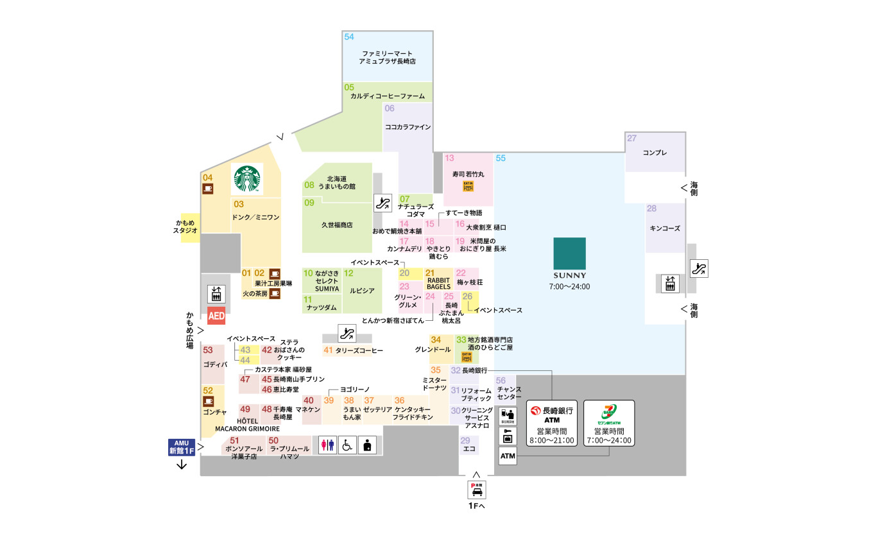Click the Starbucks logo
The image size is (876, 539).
coord(248,179)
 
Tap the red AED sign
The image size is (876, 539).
coord(217,317)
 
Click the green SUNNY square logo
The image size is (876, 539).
coord(570,258)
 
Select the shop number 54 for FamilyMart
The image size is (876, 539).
coord(349,37)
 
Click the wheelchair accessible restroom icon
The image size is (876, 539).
coord(347,445)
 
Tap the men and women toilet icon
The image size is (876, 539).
coord(327,445)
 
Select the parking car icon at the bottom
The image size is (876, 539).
coord(476,490)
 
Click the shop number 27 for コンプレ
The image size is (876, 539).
coord(632,139)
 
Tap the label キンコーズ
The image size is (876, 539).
coord(664,228)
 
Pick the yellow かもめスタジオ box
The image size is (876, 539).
coord(189,227)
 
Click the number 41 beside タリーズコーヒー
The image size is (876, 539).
coord(328,350)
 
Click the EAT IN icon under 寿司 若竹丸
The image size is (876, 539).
coord(468,186)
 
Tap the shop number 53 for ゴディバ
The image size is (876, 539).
coord(208,350)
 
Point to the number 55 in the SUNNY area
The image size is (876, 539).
coord(501,158)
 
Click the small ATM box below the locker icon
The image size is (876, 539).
coord(507,456)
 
